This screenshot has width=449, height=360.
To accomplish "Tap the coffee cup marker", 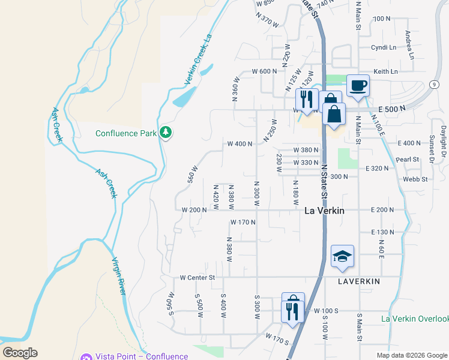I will click(x=358, y=85).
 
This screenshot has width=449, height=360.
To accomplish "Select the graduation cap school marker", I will click(x=342, y=256).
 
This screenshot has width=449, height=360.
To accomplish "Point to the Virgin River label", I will click(x=118, y=275).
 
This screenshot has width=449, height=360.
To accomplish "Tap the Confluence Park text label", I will click(x=126, y=133).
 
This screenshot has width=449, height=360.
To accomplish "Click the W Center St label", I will click(x=197, y=278).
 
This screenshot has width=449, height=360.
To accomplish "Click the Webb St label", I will click(x=415, y=179).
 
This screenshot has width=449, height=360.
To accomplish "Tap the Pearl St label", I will click(x=407, y=160).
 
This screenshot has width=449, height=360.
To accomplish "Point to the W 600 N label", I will click(x=264, y=71).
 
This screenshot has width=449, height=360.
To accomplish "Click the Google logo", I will click(x=20, y=353).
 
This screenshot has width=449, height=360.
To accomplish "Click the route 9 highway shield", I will click(x=433, y=85).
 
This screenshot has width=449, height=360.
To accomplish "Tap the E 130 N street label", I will click(x=382, y=232).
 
